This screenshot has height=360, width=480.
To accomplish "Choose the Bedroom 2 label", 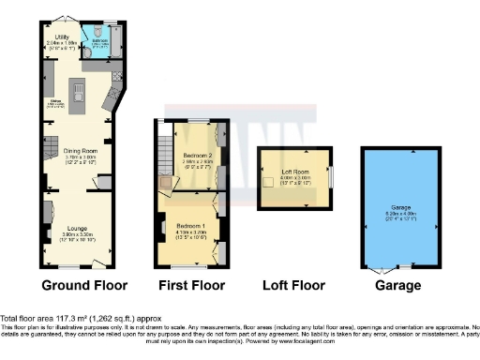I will click(198, 155).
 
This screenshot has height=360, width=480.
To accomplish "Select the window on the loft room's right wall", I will click(330, 176).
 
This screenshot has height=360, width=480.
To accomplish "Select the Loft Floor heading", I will click(293, 285).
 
